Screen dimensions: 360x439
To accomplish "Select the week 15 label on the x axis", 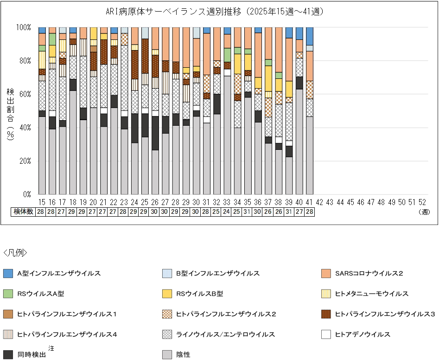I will (42, 202).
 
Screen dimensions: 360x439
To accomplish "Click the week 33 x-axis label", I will (227, 202).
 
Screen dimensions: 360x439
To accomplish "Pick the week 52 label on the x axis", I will (422, 202).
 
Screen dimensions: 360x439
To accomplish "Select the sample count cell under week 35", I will (248, 212).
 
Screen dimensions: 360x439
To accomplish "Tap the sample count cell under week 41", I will (309, 212).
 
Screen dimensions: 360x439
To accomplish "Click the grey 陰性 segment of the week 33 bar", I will (227, 135).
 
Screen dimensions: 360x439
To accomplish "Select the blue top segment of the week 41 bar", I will (309, 36).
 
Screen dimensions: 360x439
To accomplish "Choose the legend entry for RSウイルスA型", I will (40, 294).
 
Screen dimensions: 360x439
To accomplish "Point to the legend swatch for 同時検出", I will (7, 354).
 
